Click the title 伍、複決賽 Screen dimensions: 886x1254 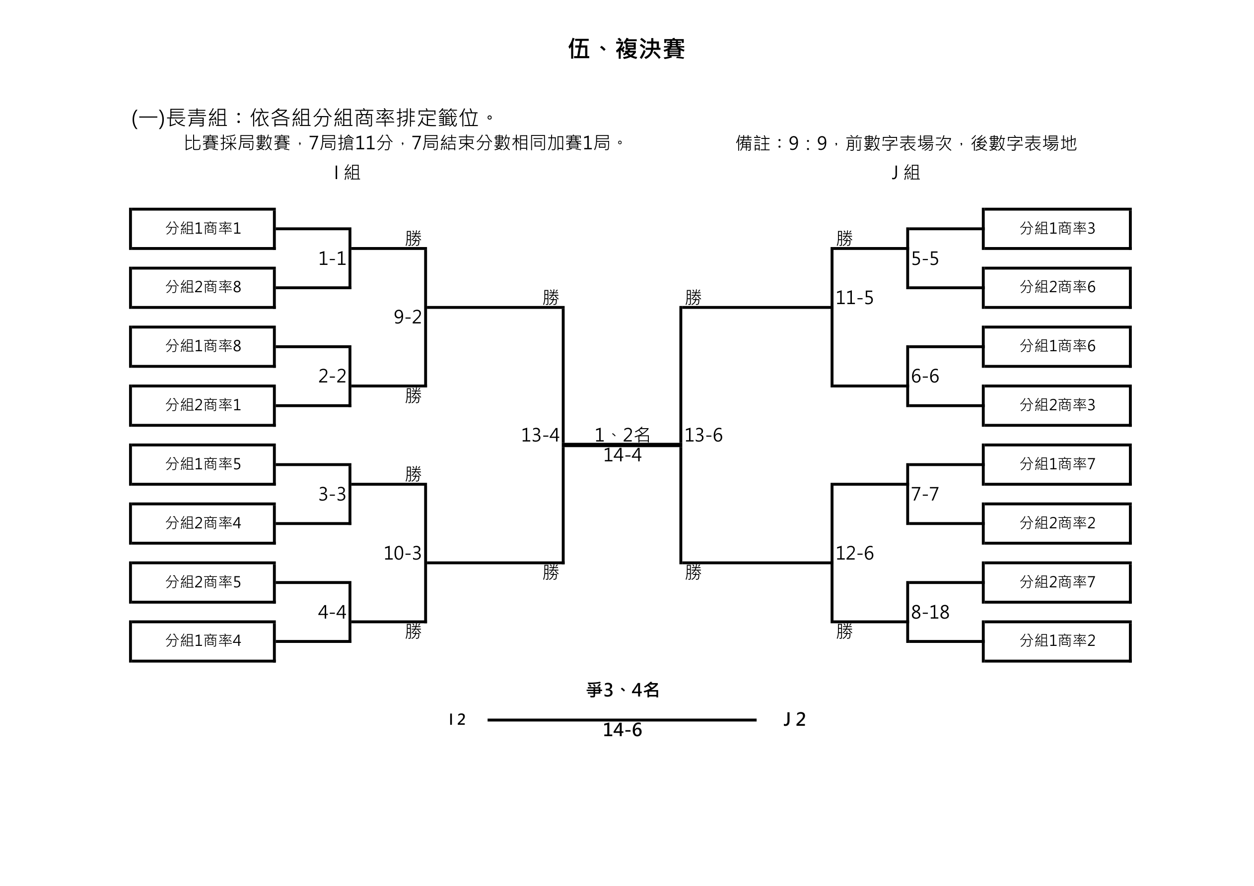627,49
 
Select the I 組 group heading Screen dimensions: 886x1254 347,173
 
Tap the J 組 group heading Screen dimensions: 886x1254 906,173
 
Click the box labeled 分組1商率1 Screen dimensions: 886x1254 203,229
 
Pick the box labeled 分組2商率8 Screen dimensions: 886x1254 203,288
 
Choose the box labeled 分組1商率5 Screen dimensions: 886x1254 203,464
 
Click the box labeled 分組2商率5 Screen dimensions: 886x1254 203,582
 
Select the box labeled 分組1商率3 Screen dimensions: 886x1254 1057,229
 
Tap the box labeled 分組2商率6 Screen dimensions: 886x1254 1057,288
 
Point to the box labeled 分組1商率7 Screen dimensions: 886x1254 1057,464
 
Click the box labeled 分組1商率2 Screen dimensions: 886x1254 1057,641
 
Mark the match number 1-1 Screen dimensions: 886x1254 332,259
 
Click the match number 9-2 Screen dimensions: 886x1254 408,317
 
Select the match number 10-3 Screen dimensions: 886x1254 403,554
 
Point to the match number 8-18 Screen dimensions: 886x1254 930,613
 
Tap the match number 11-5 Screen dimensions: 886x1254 855,298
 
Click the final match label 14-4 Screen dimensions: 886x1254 622,455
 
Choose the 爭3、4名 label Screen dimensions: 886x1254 623,691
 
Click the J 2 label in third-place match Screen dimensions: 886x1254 795,719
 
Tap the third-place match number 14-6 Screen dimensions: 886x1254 622,730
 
